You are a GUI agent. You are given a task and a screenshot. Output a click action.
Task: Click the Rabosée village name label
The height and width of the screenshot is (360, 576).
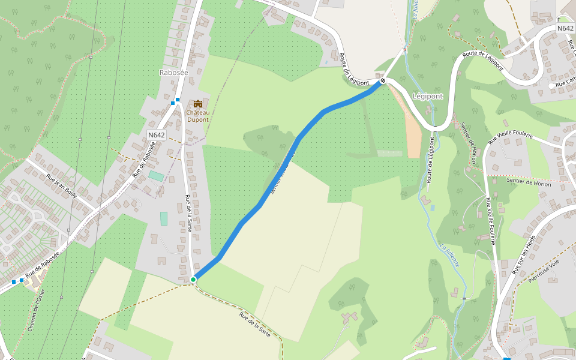174,73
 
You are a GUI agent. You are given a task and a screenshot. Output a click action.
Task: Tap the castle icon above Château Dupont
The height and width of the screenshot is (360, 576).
197,104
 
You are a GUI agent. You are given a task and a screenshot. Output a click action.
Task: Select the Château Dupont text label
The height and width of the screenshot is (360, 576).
197,116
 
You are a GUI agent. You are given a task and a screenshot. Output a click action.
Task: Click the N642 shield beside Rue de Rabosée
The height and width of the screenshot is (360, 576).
156,135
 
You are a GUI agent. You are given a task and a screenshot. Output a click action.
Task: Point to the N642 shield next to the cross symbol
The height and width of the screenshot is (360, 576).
565,28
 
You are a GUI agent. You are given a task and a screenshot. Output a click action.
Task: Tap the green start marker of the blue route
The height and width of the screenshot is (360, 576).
193,280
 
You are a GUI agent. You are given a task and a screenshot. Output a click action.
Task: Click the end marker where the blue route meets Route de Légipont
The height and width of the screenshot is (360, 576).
382,80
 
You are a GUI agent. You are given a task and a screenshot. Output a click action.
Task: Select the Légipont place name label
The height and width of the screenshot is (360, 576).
428,96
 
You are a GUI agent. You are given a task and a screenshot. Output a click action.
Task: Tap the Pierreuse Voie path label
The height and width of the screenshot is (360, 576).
544,271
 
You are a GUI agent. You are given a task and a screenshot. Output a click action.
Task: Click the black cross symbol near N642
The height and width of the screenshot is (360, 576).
559,19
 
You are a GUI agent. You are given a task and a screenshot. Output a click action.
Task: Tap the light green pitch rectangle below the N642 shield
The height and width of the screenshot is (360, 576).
156,176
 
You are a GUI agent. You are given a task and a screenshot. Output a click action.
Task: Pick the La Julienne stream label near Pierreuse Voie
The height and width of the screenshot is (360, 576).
449,254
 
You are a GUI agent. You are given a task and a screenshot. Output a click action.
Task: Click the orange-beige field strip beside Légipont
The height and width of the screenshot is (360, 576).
413,135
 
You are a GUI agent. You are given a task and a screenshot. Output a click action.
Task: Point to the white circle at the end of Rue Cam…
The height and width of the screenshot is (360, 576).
551,86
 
